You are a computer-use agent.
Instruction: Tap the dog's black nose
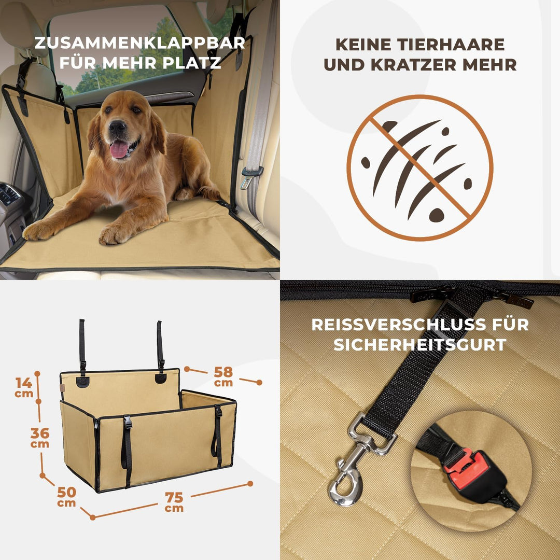click(x=117, y=127)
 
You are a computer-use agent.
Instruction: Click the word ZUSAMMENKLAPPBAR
click(x=139, y=43)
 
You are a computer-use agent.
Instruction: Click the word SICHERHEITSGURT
click(x=420, y=345)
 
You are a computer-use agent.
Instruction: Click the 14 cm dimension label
click(x=24, y=386)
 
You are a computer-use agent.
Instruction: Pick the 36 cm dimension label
click(x=40, y=437)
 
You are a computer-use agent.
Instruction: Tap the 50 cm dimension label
click(x=66, y=495)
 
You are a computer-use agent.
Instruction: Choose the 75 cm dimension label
click(x=174, y=501)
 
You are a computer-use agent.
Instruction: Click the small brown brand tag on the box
click(x=62, y=388)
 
